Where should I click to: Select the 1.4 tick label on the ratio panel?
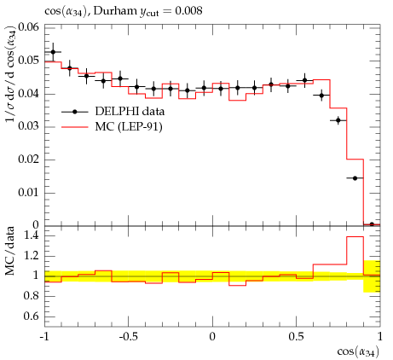point(32,235)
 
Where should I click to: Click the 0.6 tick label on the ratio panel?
point(32,316)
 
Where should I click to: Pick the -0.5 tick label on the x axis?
point(128,337)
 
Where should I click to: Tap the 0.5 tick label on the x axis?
point(297,337)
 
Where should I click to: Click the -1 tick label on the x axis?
point(44,337)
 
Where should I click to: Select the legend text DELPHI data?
point(130,111)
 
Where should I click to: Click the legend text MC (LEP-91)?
point(129,126)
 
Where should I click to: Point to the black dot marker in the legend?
point(75,112)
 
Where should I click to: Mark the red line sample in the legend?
point(75,127)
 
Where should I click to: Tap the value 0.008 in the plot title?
point(188,11)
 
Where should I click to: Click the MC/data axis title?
point(10,251)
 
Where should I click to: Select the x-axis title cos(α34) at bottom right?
point(358,351)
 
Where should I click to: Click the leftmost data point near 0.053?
point(53,52)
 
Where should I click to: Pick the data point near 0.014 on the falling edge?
point(355,178)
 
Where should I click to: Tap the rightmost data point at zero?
point(372,224)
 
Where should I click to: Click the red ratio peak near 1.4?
point(355,236)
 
